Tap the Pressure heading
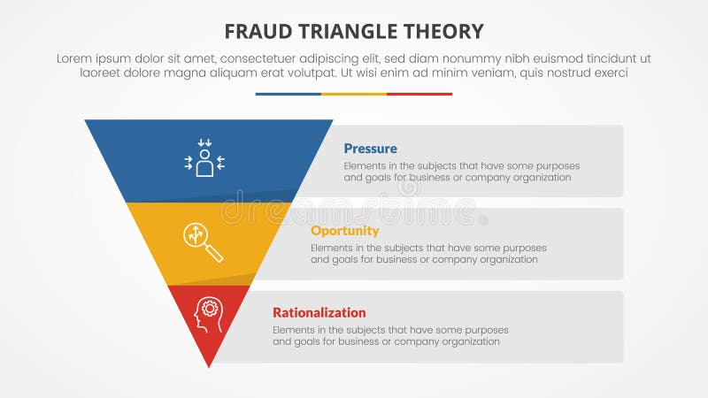(370, 149)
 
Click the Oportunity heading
(344, 231)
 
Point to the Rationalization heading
(319, 312)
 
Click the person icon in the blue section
(204, 159)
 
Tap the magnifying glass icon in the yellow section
(203, 241)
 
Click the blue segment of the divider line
(288, 94)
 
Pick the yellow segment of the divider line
(354, 94)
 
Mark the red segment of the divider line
(419, 94)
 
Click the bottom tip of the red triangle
(209, 364)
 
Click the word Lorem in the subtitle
(74, 57)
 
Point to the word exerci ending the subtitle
(608, 73)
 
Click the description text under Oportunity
(428, 254)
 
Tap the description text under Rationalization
(389, 335)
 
